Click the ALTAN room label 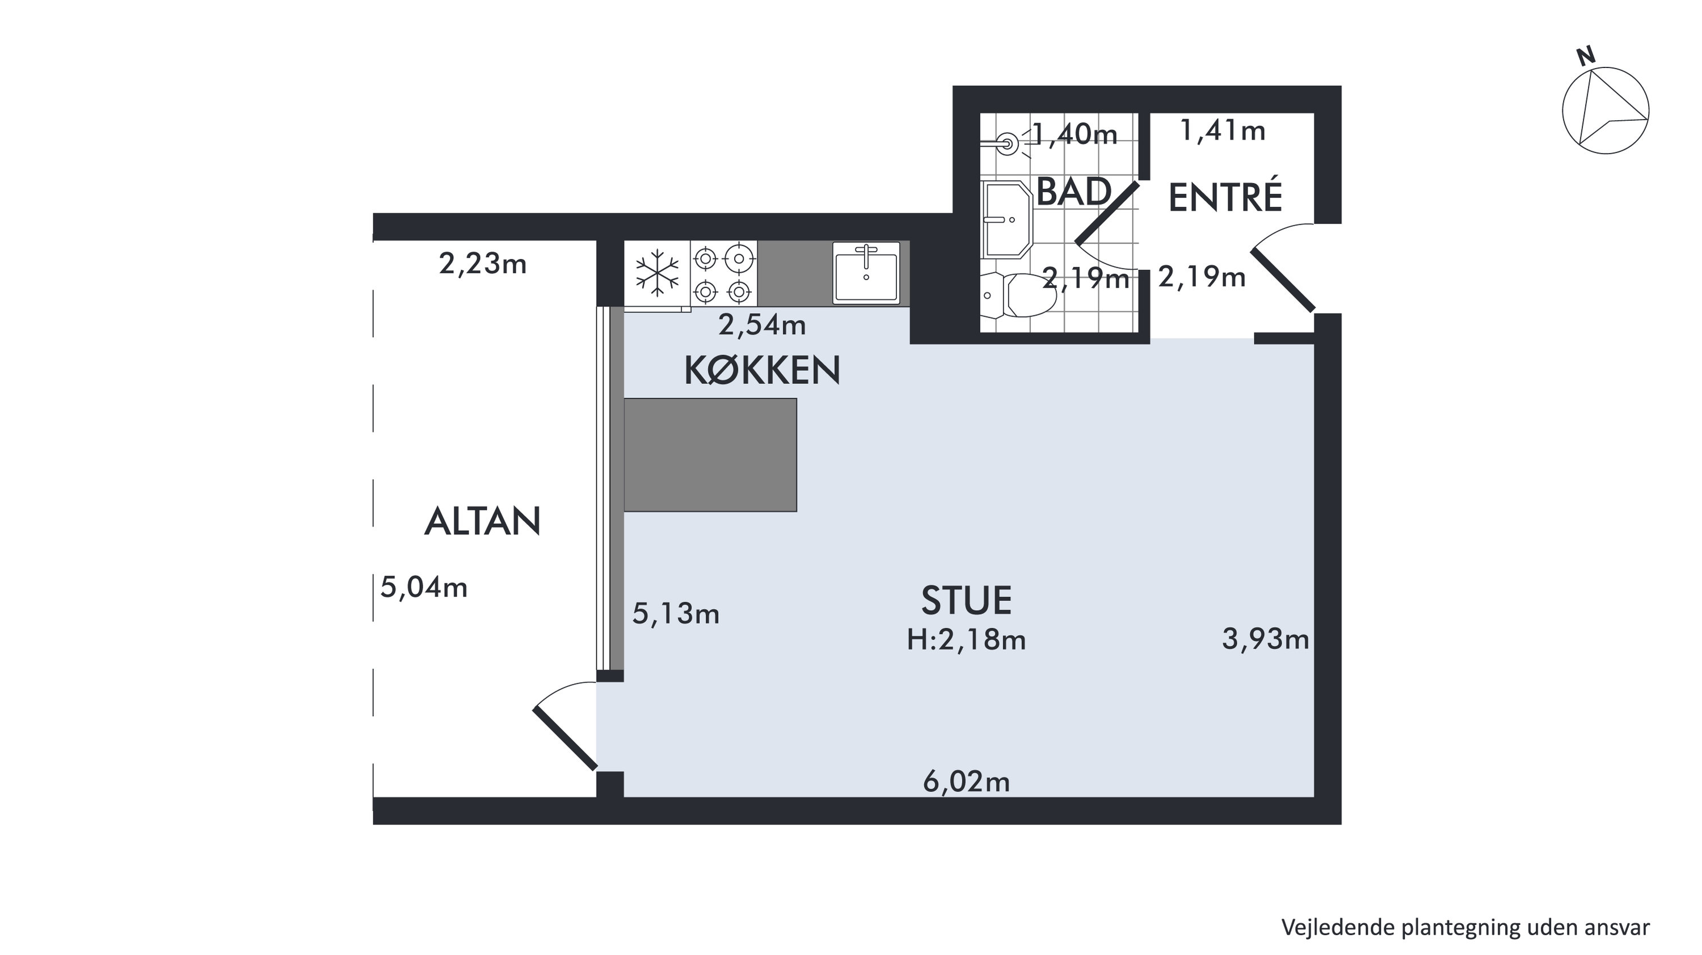tap(482, 521)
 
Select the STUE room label tap(966, 601)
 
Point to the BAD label tap(1073, 192)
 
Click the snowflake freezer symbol tap(658, 272)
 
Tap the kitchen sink tap(866, 272)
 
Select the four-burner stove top tap(723, 273)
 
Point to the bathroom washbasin tap(1006, 219)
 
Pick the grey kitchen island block tap(710, 454)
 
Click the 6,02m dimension tap(966, 782)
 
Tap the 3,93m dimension tap(1265, 639)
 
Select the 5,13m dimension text tap(676, 614)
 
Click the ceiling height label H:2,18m tap(966, 640)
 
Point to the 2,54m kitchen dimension tap(762, 325)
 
